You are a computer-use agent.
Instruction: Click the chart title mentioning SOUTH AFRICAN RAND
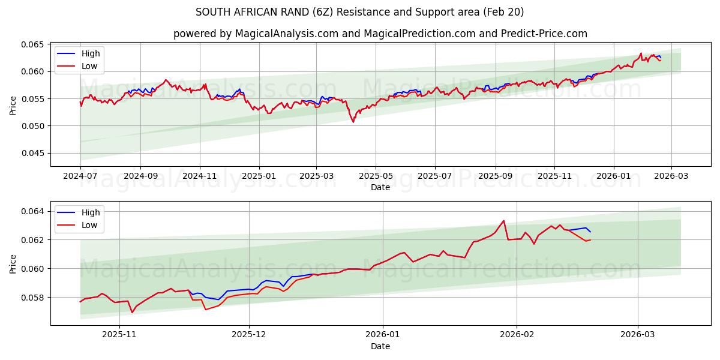[x=359, y=12]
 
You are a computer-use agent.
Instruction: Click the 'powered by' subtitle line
[x=380, y=34]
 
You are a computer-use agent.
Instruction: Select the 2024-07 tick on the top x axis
[x=80, y=176]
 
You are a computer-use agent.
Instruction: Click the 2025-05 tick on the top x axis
[x=376, y=176]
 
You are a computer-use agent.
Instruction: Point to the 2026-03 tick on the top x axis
[x=671, y=176]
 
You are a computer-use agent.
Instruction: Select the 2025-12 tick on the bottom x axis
[x=249, y=335]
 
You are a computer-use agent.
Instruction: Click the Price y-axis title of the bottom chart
[x=13, y=263]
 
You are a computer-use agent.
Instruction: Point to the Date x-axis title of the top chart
[x=380, y=187]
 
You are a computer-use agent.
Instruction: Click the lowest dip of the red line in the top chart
[x=353, y=122]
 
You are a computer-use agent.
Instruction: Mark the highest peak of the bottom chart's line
[x=503, y=221]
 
